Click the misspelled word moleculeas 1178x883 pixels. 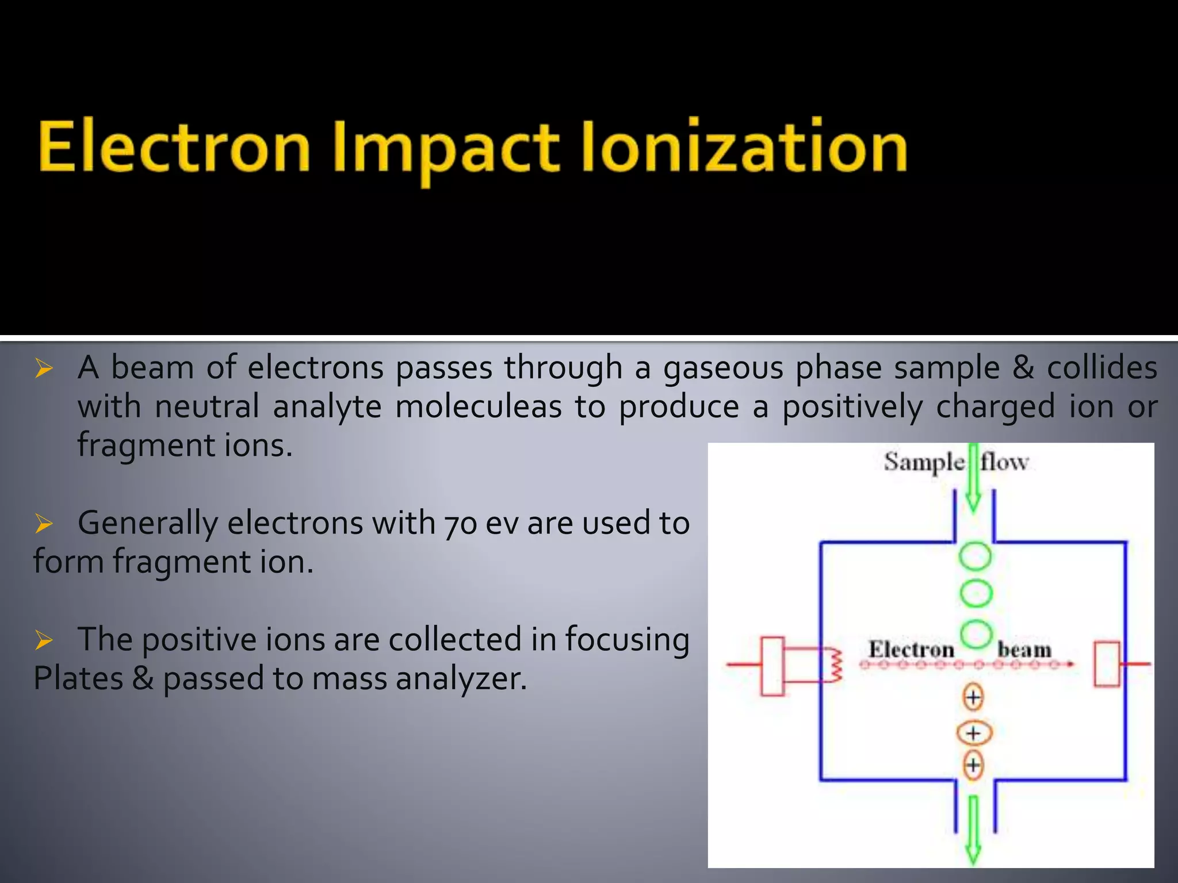coord(478,406)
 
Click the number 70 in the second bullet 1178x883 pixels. coord(460,524)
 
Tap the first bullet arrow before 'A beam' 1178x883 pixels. coord(44,368)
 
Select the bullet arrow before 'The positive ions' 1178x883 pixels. coord(44,640)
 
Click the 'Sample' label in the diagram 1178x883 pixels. coord(924,462)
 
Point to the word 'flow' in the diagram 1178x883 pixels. coord(1004,462)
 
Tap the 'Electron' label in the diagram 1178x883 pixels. coord(911,650)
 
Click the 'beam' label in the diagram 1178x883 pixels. coord(1024,650)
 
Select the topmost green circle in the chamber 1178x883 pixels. coord(975,556)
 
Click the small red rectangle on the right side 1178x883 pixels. coord(1106,665)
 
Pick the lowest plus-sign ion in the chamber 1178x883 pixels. coord(973,765)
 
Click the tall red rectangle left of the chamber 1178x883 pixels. coord(772,666)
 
